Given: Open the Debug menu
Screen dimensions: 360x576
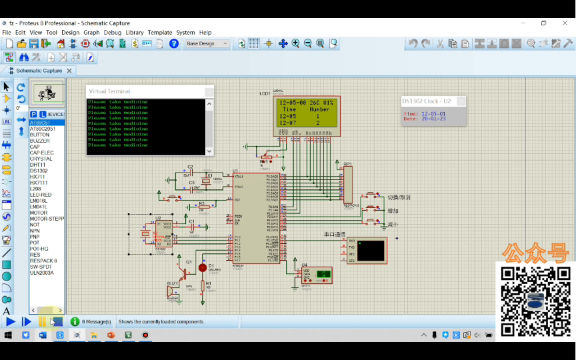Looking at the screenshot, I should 112,32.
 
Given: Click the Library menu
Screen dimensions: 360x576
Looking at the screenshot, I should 134,32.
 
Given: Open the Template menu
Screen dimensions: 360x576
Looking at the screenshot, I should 159,32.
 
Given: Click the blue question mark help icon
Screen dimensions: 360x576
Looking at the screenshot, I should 174,43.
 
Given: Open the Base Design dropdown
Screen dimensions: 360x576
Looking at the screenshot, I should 206,43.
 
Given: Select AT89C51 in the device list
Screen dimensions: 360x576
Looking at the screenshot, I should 40,123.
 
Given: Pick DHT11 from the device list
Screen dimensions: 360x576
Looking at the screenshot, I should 38,165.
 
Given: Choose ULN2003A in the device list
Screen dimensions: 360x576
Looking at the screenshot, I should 41,273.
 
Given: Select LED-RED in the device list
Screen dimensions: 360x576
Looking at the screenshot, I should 41,195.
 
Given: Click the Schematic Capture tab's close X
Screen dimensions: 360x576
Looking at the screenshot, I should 69,70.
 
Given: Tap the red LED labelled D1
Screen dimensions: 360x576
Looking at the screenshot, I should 203,267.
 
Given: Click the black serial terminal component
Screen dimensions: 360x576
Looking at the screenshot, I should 371,250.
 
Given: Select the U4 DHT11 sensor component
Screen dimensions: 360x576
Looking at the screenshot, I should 315,275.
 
